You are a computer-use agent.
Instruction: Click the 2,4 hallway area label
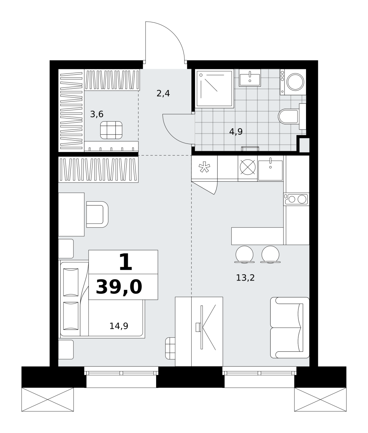tap(163, 94)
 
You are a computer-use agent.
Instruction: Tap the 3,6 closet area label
tap(97, 114)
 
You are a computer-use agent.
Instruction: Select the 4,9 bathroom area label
tap(236, 132)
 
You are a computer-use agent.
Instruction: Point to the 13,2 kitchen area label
tap(245, 278)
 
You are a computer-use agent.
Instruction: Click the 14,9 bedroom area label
tap(119, 326)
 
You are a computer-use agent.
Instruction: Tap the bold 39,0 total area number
tap(119, 288)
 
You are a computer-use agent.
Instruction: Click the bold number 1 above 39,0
tap(125, 262)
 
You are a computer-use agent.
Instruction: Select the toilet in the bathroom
tap(292, 117)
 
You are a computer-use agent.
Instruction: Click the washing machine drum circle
tap(295, 82)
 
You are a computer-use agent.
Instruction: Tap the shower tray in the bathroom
tap(214, 89)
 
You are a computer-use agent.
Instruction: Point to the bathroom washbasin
tap(250, 78)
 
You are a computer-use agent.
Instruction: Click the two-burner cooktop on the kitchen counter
tap(296, 199)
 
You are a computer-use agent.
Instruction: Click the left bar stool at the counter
tap(244, 255)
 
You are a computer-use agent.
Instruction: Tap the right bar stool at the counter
tap(270, 255)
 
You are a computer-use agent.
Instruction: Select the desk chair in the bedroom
tap(98, 215)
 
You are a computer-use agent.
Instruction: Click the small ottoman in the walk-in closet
tap(111, 130)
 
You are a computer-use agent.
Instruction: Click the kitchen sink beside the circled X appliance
tap(270, 169)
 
